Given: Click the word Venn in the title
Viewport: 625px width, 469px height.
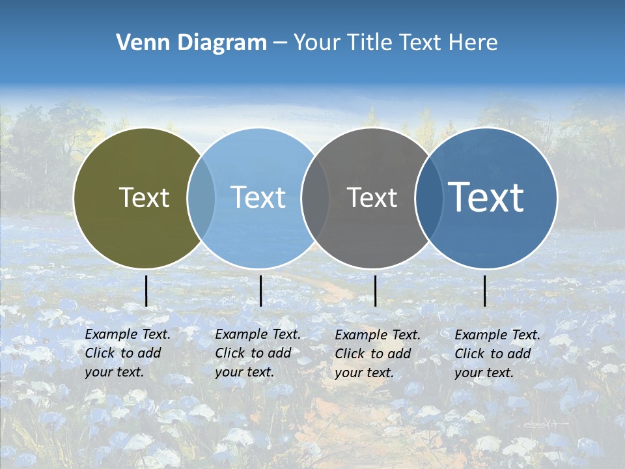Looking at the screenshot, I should [x=138, y=43].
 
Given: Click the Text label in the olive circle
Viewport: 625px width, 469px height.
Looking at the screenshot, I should [x=144, y=197].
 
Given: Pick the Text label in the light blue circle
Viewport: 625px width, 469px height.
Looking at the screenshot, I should [x=258, y=197].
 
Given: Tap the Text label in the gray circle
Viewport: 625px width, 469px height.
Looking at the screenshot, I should [x=372, y=197].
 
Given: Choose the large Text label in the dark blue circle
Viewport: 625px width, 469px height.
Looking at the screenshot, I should [x=486, y=197].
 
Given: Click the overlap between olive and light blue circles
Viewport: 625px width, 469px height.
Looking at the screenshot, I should [x=201, y=197].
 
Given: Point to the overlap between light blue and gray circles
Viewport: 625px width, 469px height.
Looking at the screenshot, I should [x=316, y=197].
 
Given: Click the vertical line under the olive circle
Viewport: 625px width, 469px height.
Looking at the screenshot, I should [x=146, y=291].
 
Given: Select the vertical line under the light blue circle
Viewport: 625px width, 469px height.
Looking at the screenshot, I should [x=260, y=291].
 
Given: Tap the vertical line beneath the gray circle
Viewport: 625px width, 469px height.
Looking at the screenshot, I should [x=376, y=291].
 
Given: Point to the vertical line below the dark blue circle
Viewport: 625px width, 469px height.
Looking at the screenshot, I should [x=485, y=291].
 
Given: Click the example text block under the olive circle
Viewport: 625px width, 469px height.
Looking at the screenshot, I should [x=127, y=353].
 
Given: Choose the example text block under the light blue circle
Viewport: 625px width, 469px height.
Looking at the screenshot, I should [x=257, y=353].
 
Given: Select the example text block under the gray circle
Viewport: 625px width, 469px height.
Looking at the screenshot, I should [x=378, y=354].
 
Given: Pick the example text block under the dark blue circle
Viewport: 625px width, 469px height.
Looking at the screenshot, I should [x=497, y=354].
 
